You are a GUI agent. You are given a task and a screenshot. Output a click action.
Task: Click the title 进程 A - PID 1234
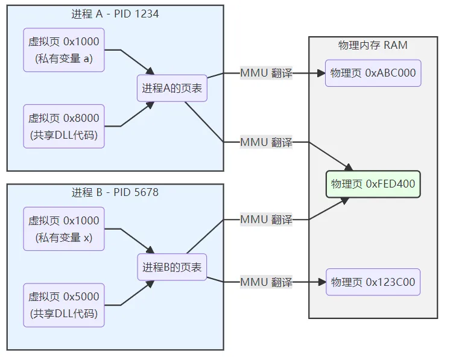click(115, 13)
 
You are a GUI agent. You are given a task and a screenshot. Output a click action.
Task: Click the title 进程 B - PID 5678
click(115, 192)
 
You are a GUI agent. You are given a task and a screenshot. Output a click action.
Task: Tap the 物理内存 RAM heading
click(373, 45)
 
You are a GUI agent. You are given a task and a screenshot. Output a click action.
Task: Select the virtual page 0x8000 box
click(64, 126)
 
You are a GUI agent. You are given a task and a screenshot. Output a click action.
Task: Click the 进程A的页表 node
click(172, 88)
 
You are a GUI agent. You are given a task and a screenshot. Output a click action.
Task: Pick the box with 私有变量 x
click(64, 229)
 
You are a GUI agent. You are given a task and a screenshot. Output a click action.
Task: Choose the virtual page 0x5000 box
click(64, 305)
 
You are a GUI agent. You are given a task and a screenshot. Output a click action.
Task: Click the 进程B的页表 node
click(172, 267)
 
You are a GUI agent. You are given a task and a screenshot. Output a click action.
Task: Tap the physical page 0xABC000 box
click(373, 74)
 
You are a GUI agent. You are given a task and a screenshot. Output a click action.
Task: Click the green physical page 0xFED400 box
click(373, 184)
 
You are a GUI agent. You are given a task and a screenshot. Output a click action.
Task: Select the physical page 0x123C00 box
click(373, 282)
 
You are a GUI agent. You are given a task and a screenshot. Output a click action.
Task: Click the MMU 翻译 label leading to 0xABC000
click(266, 74)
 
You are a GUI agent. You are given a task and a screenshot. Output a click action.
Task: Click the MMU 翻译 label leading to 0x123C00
click(266, 282)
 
